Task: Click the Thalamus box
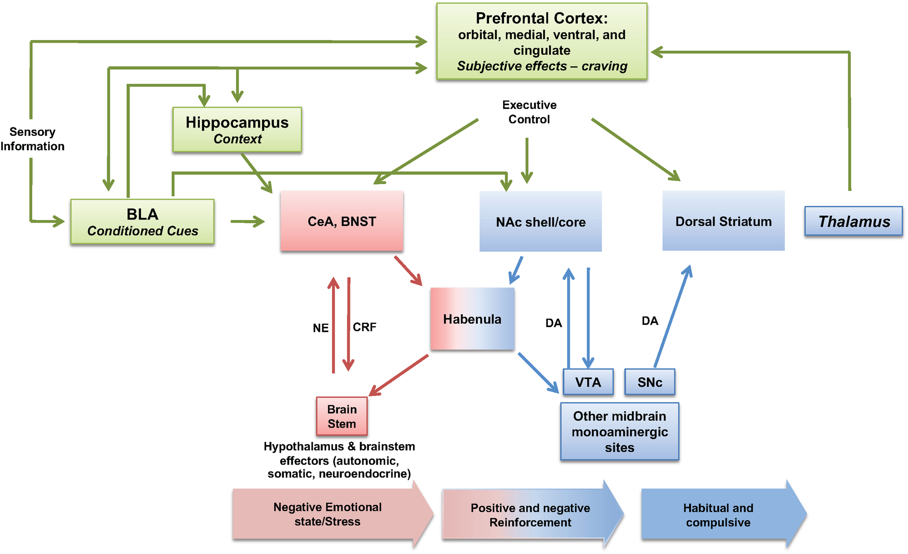point(854,221)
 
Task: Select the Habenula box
point(472,319)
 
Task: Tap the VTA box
point(588,382)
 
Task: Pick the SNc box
point(650,382)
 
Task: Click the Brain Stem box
point(342,416)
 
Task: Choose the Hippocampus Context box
point(237,130)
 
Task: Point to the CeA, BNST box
point(342,221)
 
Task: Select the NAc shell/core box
point(541,222)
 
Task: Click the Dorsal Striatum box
point(723,221)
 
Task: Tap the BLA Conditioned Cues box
point(143,222)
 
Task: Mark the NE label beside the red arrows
point(321,328)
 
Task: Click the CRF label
point(365,327)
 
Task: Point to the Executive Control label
point(529,112)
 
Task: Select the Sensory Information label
point(32,139)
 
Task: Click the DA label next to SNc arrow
point(650,321)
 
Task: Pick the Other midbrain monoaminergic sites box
point(620,432)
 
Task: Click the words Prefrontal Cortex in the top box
point(541,18)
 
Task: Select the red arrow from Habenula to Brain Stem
point(399,375)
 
